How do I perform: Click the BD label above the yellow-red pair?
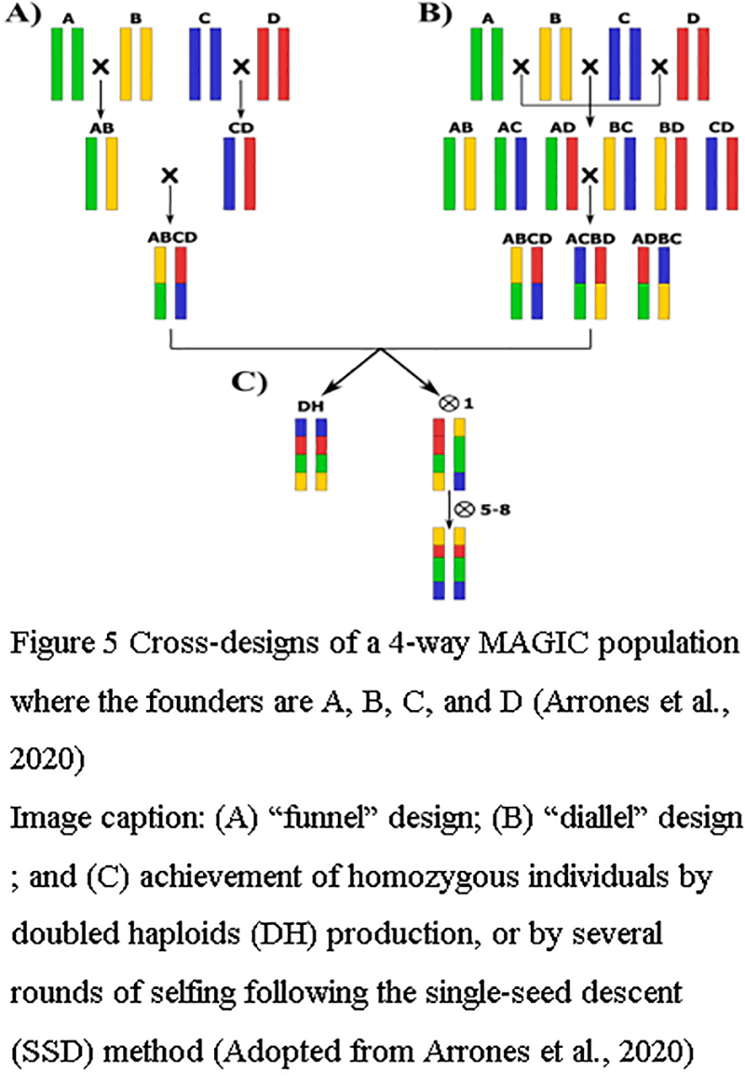(669, 127)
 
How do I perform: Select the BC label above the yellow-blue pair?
(616, 127)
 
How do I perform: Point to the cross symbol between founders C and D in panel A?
(241, 66)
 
